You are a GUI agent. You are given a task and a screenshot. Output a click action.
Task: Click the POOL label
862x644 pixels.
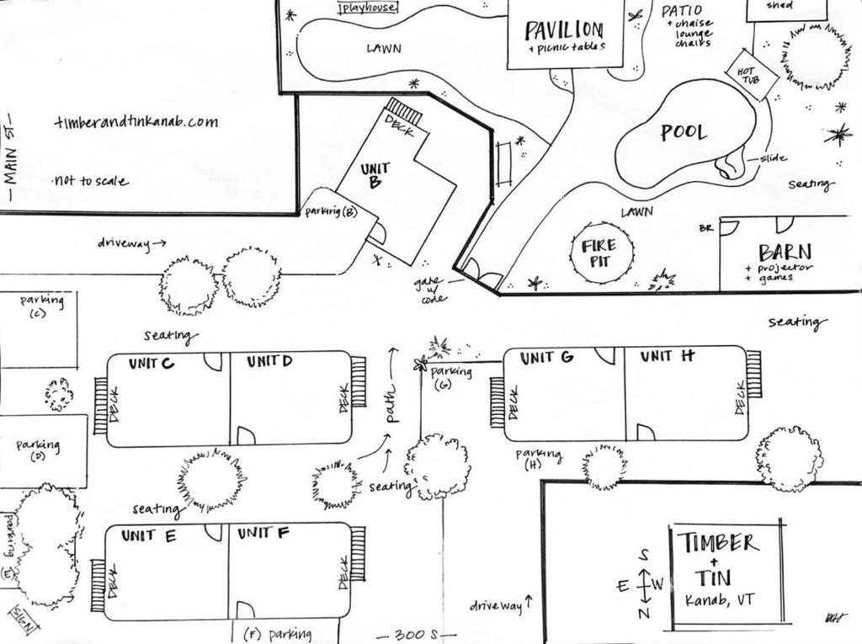684,132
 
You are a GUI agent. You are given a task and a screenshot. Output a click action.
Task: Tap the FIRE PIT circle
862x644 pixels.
600,253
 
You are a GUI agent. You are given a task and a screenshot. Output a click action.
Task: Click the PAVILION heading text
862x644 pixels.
564,30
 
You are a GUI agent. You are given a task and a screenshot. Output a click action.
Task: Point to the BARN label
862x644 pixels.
785,252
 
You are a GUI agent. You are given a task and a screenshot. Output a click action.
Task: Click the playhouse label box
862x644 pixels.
368,8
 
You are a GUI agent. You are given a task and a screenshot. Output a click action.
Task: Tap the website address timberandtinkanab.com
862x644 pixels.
136,122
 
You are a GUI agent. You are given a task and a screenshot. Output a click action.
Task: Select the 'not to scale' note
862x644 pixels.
90,180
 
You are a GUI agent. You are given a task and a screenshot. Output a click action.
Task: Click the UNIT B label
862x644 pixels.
375,174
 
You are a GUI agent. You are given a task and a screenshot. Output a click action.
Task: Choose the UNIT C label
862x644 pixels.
151,364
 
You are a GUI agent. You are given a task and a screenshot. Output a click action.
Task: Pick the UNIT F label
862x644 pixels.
263,534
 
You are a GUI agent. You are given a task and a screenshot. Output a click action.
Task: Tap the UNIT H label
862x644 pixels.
667,356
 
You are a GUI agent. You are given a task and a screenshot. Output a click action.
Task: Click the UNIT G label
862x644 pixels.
546,358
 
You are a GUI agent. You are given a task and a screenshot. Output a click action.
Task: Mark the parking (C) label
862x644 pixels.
37,306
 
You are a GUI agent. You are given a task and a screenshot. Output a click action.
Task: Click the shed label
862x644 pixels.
780,5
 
